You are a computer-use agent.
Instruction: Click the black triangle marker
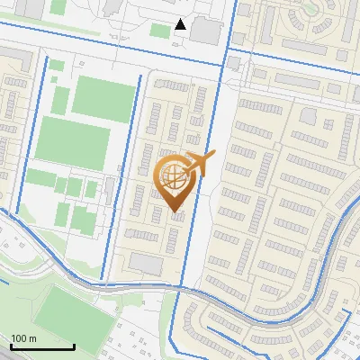coord(181,24)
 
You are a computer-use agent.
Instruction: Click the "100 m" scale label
coord(24,338)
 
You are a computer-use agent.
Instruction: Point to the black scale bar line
coord(42,346)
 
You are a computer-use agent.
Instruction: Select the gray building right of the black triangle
coord(206,31)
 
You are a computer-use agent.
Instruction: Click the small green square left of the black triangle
coord(159,31)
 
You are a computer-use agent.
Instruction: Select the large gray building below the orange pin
coord(148,264)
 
